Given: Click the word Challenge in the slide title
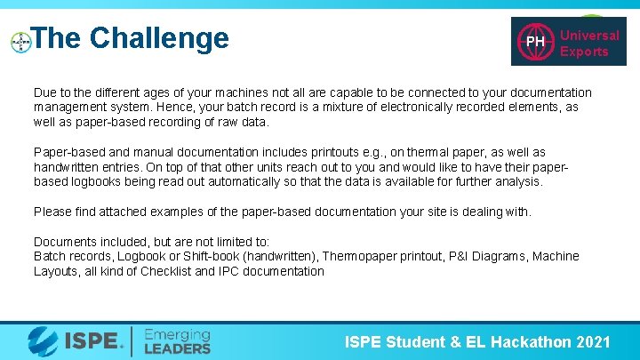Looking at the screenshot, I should point(159,38).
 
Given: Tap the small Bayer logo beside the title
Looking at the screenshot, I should point(20,42).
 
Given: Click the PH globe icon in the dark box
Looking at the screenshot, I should point(535,42).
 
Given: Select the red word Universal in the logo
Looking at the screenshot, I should point(589,36).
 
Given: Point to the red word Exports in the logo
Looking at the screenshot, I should point(584,52).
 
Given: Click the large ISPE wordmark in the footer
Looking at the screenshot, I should point(88,340).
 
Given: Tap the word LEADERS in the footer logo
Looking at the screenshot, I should point(178,348).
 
